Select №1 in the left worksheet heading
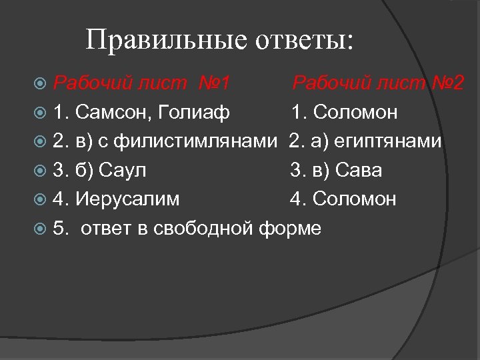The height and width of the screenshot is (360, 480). coord(214,83)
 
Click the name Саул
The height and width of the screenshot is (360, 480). coord(123,170)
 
